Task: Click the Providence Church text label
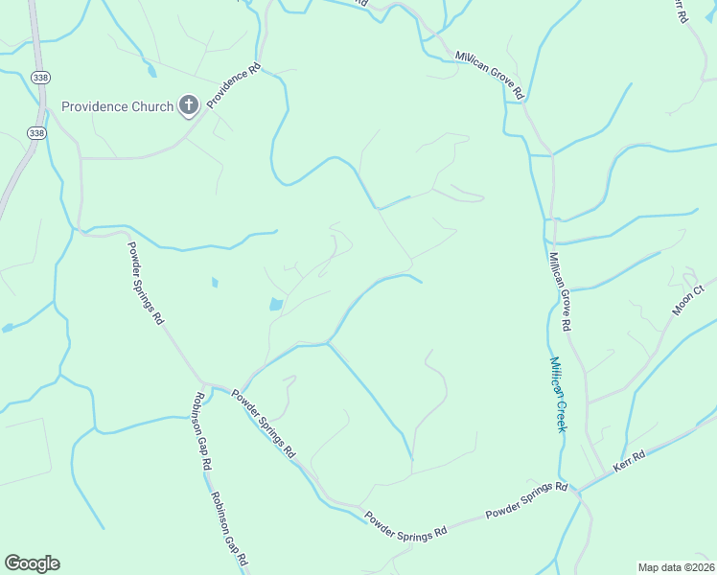coord(117,106)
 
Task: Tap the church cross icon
coord(189,105)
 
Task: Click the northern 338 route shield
coord(38,78)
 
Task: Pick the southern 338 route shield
coord(36,133)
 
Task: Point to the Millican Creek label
coord(557,394)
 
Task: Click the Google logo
coord(32,563)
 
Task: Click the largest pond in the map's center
coord(276,305)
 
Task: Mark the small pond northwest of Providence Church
coord(151,70)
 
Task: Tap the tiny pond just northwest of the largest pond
coord(214,282)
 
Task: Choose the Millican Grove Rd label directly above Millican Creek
coord(560,291)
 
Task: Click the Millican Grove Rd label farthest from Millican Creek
coord(489,76)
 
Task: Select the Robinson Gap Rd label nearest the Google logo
coord(229,528)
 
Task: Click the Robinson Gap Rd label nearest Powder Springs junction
coord(202,429)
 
